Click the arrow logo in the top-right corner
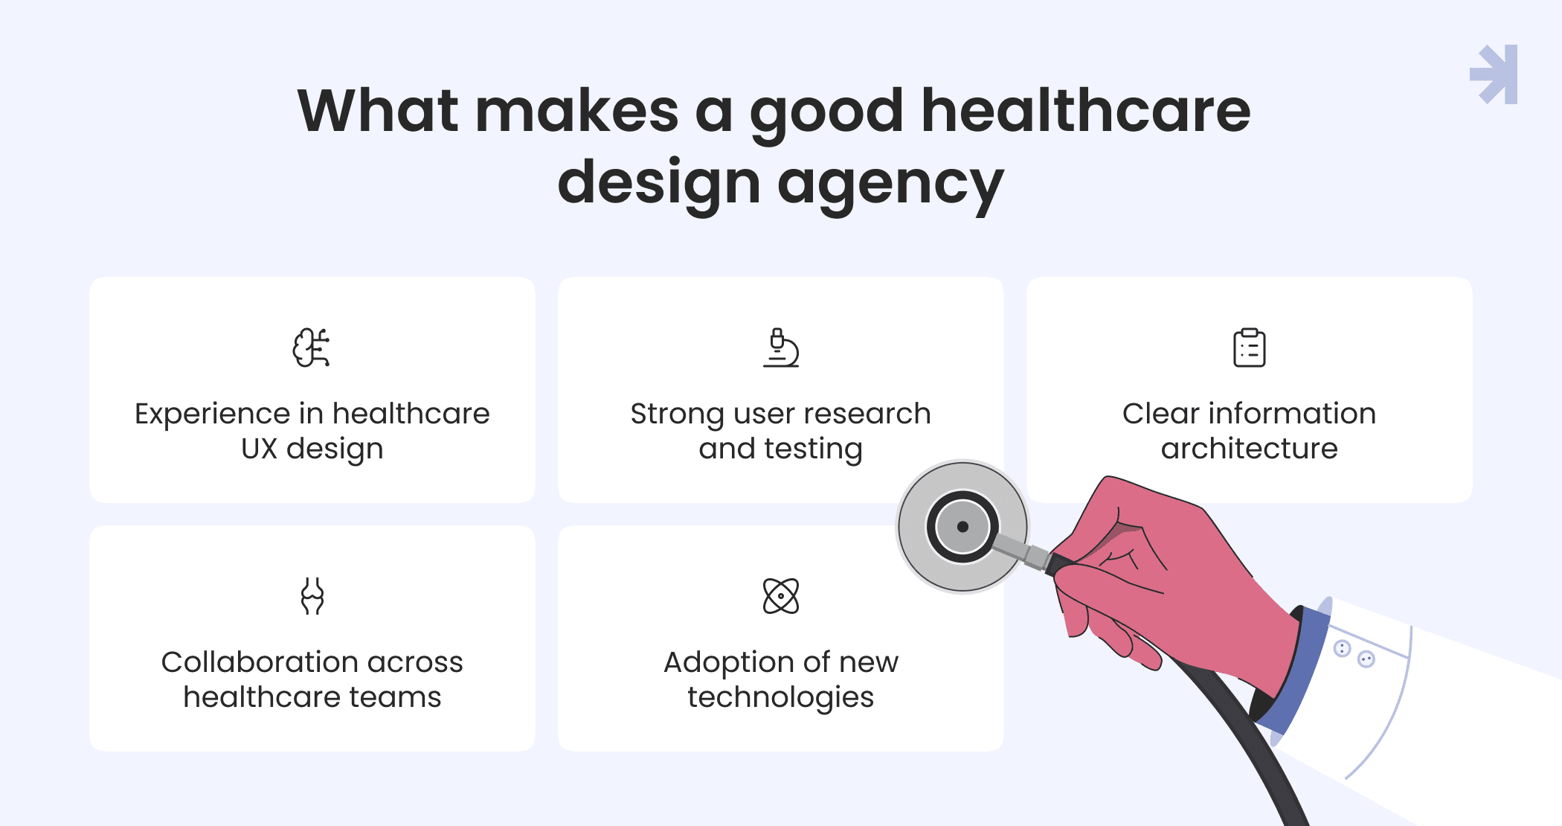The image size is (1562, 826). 1494,74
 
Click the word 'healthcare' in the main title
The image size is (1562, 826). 1086,111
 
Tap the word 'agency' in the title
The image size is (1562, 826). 891,186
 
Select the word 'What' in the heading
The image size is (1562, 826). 378,111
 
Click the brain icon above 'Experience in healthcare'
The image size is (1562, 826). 312,348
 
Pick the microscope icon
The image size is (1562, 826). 781,348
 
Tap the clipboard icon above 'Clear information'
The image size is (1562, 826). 1250,348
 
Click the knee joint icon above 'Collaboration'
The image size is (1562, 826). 312,596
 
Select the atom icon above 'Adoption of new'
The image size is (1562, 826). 781,596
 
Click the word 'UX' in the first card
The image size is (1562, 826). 260,449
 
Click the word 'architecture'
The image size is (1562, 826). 1250,449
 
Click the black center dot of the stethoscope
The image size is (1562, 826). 962,527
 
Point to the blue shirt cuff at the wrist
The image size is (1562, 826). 1291,669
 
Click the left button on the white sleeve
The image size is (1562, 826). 1342,649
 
